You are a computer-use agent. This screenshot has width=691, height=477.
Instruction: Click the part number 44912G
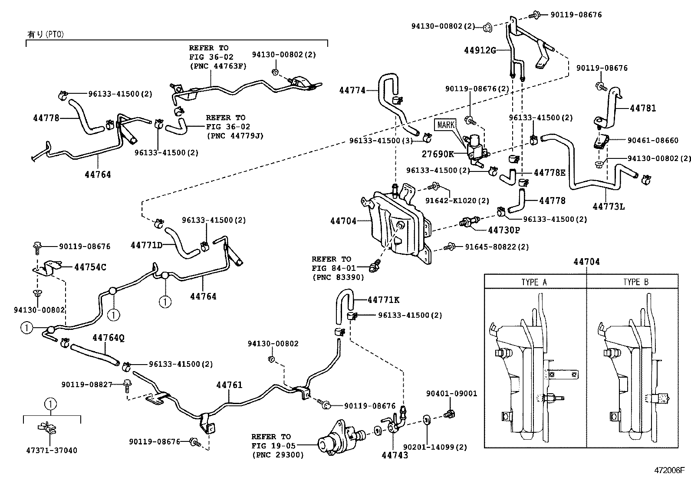click(x=480, y=50)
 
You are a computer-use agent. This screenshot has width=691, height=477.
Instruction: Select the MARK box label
click(x=446, y=125)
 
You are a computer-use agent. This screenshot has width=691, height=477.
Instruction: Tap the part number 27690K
click(x=438, y=154)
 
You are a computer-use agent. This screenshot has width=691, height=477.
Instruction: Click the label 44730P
click(x=503, y=230)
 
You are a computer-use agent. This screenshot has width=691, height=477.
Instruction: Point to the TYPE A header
click(x=534, y=282)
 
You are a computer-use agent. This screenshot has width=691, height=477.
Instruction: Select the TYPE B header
click(x=635, y=282)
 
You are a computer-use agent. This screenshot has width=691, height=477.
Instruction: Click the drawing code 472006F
click(x=670, y=470)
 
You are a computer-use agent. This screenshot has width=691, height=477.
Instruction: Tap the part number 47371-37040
click(x=51, y=451)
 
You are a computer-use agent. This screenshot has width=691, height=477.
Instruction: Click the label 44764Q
click(x=109, y=338)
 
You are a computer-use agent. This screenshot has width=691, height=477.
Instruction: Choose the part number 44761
click(x=230, y=385)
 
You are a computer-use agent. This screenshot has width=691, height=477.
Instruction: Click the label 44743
click(x=395, y=455)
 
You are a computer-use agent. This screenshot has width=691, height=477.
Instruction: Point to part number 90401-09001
click(x=451, y=394)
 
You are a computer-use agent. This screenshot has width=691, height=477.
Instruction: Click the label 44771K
click(x=383, y=299)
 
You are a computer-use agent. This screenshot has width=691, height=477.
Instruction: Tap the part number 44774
click(x=352, y=90)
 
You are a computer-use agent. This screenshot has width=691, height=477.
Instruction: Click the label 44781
click(x=643, y=108)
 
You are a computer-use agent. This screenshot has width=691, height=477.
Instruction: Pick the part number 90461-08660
click(x=653, y=140)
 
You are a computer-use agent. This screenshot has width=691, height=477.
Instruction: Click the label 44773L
click(x=609, y=207)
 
